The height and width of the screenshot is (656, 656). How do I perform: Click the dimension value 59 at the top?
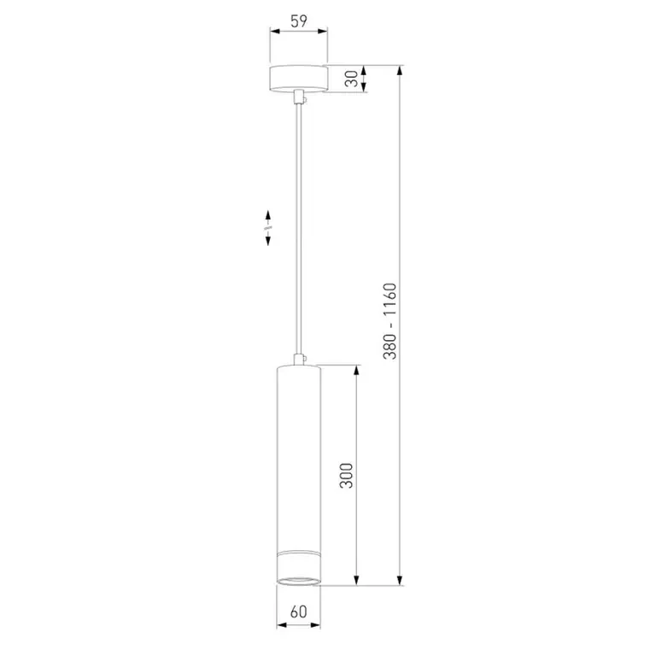coord(299,20)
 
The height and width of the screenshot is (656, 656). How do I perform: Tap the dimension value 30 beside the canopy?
coord(352,79)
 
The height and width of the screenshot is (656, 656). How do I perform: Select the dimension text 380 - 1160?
coord(389,321)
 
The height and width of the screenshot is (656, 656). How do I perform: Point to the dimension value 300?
coord(346,475)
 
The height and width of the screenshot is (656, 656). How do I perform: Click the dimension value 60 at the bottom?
coord(299,612)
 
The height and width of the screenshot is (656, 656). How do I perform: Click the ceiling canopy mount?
coord(298,79)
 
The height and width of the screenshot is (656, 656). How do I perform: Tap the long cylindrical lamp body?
coord(299,475)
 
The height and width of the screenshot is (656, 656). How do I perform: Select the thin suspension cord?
coord(299,229)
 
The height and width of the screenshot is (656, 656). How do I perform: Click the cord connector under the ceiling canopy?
coord(299,97)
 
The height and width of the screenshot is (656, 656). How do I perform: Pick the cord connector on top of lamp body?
coord(299,360)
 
